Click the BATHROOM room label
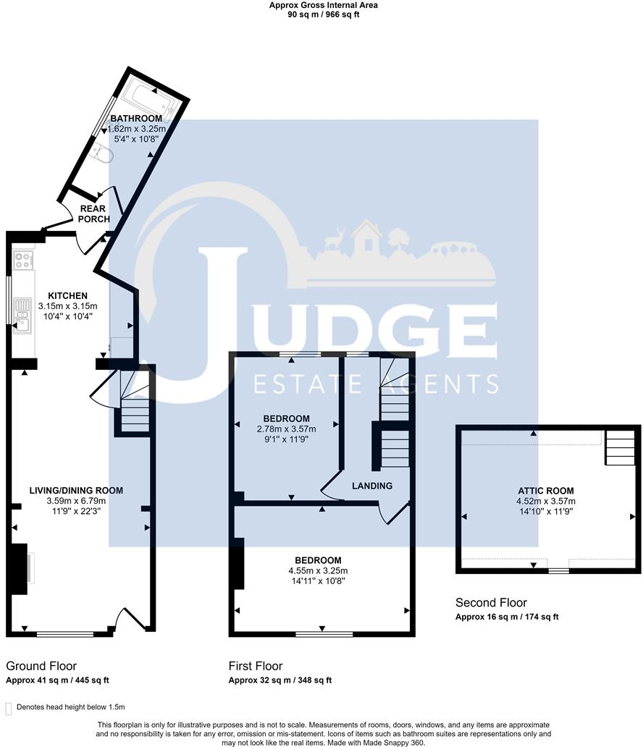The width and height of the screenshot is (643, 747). [136, 119]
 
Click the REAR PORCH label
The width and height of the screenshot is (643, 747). [94, 214]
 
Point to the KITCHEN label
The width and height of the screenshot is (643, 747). [67, 296]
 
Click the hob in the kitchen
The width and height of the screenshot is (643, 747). [23, 260]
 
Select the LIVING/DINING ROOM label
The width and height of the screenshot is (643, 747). [76, 491]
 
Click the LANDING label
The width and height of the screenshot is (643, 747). [372, 486]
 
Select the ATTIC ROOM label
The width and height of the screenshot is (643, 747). [547, 490]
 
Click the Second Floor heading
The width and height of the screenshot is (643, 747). [491, 603]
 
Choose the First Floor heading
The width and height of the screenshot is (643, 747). [256, 666]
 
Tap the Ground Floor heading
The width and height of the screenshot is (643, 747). [41, 666]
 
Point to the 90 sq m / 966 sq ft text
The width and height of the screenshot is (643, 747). [323, 14]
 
